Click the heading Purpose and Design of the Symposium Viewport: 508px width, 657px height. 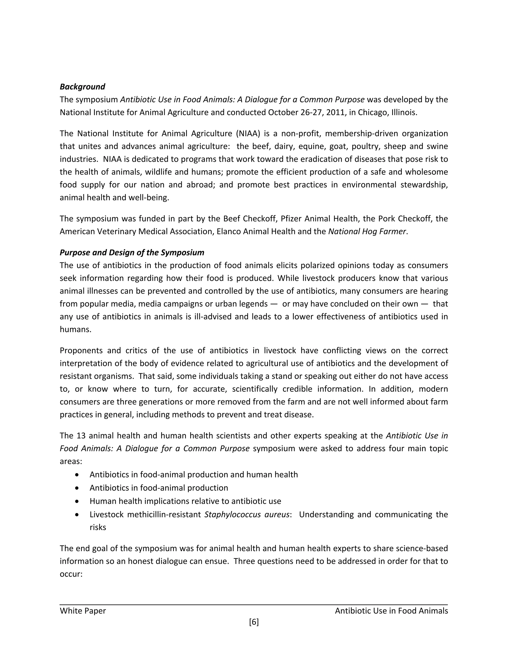[x=132, y=252]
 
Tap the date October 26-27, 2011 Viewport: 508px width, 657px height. [x=307, y=113]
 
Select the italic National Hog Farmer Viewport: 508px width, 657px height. [x=367, y=232]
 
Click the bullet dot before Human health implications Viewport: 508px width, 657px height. [x=77, y=502]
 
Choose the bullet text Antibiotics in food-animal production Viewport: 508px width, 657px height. [x=159, y=488]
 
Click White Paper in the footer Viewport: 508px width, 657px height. [x=83, y=611]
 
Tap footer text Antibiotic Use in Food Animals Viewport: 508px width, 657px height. [x=391, y=611]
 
